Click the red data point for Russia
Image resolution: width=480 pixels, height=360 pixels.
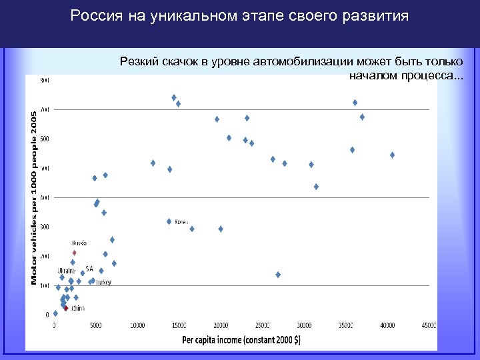[x=74, y=253]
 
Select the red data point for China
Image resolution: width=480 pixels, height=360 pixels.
[x=66, y=308]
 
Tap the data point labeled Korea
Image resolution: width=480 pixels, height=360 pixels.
[x=169, y=221]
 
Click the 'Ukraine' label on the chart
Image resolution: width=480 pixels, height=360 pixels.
[x=67, y=271]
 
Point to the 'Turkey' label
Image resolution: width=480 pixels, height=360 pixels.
[x=103, y=282]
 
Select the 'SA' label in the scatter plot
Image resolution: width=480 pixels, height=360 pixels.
[x=89, y=268]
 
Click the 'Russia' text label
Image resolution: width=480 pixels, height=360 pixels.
[x=79, y=243]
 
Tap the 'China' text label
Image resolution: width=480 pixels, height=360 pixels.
[x=78, y=308]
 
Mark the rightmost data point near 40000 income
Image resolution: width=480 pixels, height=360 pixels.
[x=393, y=155]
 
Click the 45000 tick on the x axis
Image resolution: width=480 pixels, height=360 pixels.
[x=429, y=325]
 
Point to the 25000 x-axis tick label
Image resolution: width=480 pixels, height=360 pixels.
[x=262, y=325]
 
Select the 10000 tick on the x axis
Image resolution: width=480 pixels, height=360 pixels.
[x=137, y=325]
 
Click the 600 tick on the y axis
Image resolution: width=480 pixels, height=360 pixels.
[x=45, y=139]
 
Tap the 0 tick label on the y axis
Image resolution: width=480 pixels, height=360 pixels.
[x=47, y=315]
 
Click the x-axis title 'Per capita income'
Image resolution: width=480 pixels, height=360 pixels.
[x=241, y=339]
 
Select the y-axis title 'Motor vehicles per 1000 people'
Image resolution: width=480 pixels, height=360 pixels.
[x=33, y=198]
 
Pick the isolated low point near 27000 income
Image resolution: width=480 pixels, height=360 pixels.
[x=278, y=275]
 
